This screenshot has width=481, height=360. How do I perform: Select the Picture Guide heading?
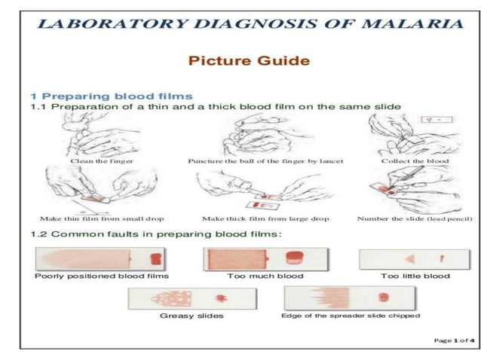[x=248, y=60]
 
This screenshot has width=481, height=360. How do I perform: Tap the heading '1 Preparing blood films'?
[x=111, y=96]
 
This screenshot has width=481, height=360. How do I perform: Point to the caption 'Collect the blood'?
[x=415, y=160]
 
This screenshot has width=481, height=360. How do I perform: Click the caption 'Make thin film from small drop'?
[x=102, y=218]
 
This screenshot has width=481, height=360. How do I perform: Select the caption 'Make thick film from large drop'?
[x=265, y=218]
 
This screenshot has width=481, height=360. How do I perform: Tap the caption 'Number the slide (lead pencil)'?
[x=414, y=218]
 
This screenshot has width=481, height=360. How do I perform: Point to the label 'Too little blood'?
[x=415, y=276]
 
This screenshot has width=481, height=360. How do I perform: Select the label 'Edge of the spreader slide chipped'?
[x=350, y=315]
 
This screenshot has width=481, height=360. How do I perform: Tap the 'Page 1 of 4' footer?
[x=454, y=340]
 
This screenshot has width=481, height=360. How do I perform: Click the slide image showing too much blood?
[x=259, y=258]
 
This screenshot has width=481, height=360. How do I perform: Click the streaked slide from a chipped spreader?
[x=351, y=297]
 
